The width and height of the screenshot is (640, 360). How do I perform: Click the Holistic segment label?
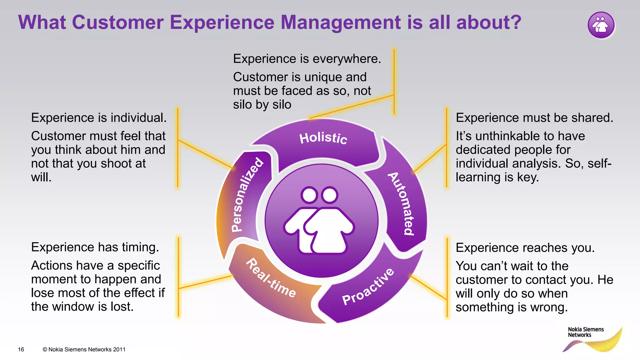(323, 138)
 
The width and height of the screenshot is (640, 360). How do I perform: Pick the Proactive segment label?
(368, 287)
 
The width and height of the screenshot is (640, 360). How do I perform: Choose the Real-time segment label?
(271, 278)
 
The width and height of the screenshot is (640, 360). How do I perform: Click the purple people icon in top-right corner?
(601, 25)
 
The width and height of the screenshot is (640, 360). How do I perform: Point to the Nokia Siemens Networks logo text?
(585, 332)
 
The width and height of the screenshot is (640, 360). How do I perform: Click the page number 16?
(21, 349)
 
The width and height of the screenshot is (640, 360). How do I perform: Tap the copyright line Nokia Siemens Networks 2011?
(84, 349)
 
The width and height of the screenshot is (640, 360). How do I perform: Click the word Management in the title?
(341, 22)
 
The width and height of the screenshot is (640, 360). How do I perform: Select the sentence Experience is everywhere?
(307, 59)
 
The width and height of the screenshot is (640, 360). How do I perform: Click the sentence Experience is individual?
(99, 118)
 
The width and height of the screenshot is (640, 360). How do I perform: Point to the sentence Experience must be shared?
(534, 118)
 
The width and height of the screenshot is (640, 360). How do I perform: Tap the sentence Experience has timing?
(95, 247)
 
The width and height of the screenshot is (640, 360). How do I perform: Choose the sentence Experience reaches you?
(525, 248)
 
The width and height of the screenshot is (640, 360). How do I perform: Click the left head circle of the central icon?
(309, 195)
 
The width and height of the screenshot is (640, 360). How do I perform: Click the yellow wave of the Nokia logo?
(606, 344)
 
